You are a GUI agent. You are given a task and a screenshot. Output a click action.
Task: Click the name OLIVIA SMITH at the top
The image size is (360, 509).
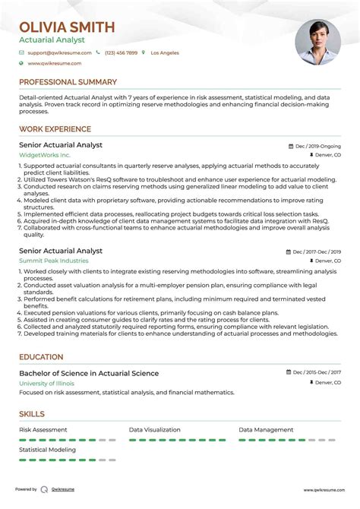[67, 27]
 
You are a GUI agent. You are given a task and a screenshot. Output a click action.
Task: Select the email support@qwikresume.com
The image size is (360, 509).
[59, 53]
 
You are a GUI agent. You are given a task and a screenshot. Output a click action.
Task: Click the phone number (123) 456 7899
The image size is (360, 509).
[121, 53]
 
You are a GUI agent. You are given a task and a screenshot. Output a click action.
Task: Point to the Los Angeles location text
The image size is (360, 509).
[165, 53]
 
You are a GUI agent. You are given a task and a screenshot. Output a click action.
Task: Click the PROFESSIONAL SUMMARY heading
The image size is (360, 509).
[68, 82]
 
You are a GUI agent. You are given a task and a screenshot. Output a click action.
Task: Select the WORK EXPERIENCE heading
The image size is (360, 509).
[55, 129]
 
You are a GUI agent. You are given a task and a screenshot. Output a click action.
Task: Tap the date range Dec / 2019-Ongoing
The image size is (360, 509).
[318, 145]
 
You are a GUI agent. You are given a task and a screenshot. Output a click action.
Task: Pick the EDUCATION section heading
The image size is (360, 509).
[41, 357]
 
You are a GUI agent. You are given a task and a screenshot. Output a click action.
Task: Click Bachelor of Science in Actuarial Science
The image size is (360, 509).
[89, 373]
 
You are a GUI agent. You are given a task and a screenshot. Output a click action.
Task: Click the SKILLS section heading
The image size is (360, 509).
[32, 414]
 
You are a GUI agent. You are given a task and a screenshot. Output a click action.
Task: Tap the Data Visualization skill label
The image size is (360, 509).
[156, 429]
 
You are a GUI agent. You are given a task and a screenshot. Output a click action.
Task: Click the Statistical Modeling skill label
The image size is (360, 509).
[47, 450]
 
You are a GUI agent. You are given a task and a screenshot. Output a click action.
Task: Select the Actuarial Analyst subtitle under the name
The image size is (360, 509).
[52, 40]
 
